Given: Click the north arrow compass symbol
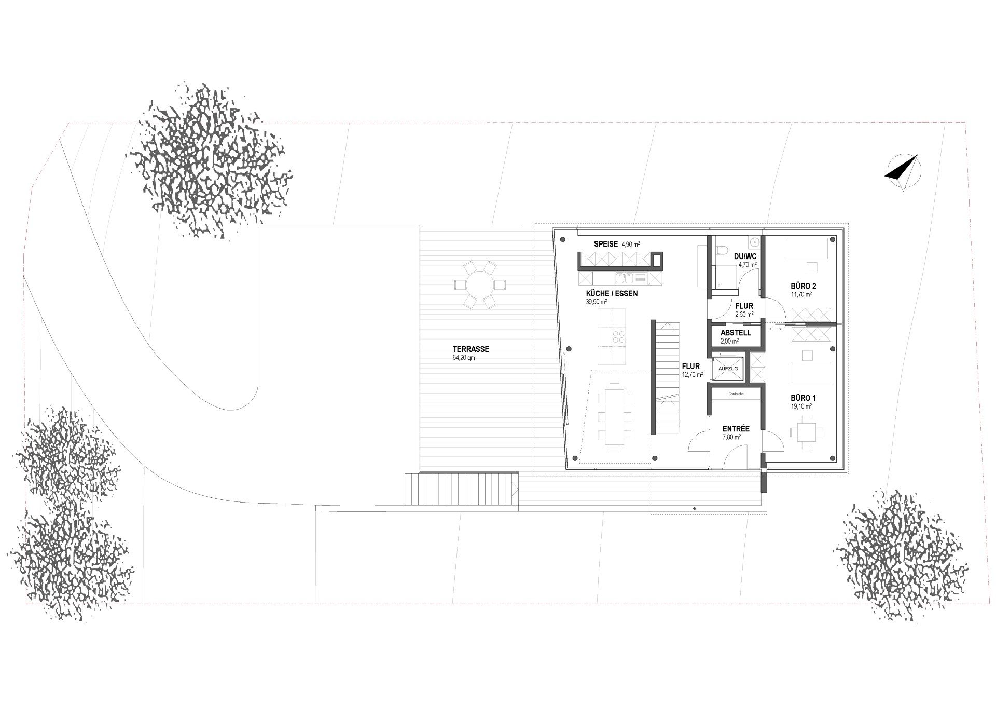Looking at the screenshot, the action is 903,172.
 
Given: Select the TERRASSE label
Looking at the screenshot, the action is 471,349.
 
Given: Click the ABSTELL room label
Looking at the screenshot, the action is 736,333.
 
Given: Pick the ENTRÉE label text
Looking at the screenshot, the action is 736,429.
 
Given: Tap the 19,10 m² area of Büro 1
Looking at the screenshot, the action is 801,406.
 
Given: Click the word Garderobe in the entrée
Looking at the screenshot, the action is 736,394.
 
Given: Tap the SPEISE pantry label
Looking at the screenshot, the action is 605,243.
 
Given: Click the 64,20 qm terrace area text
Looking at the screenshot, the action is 464,358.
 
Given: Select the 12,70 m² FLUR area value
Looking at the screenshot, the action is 693,374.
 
